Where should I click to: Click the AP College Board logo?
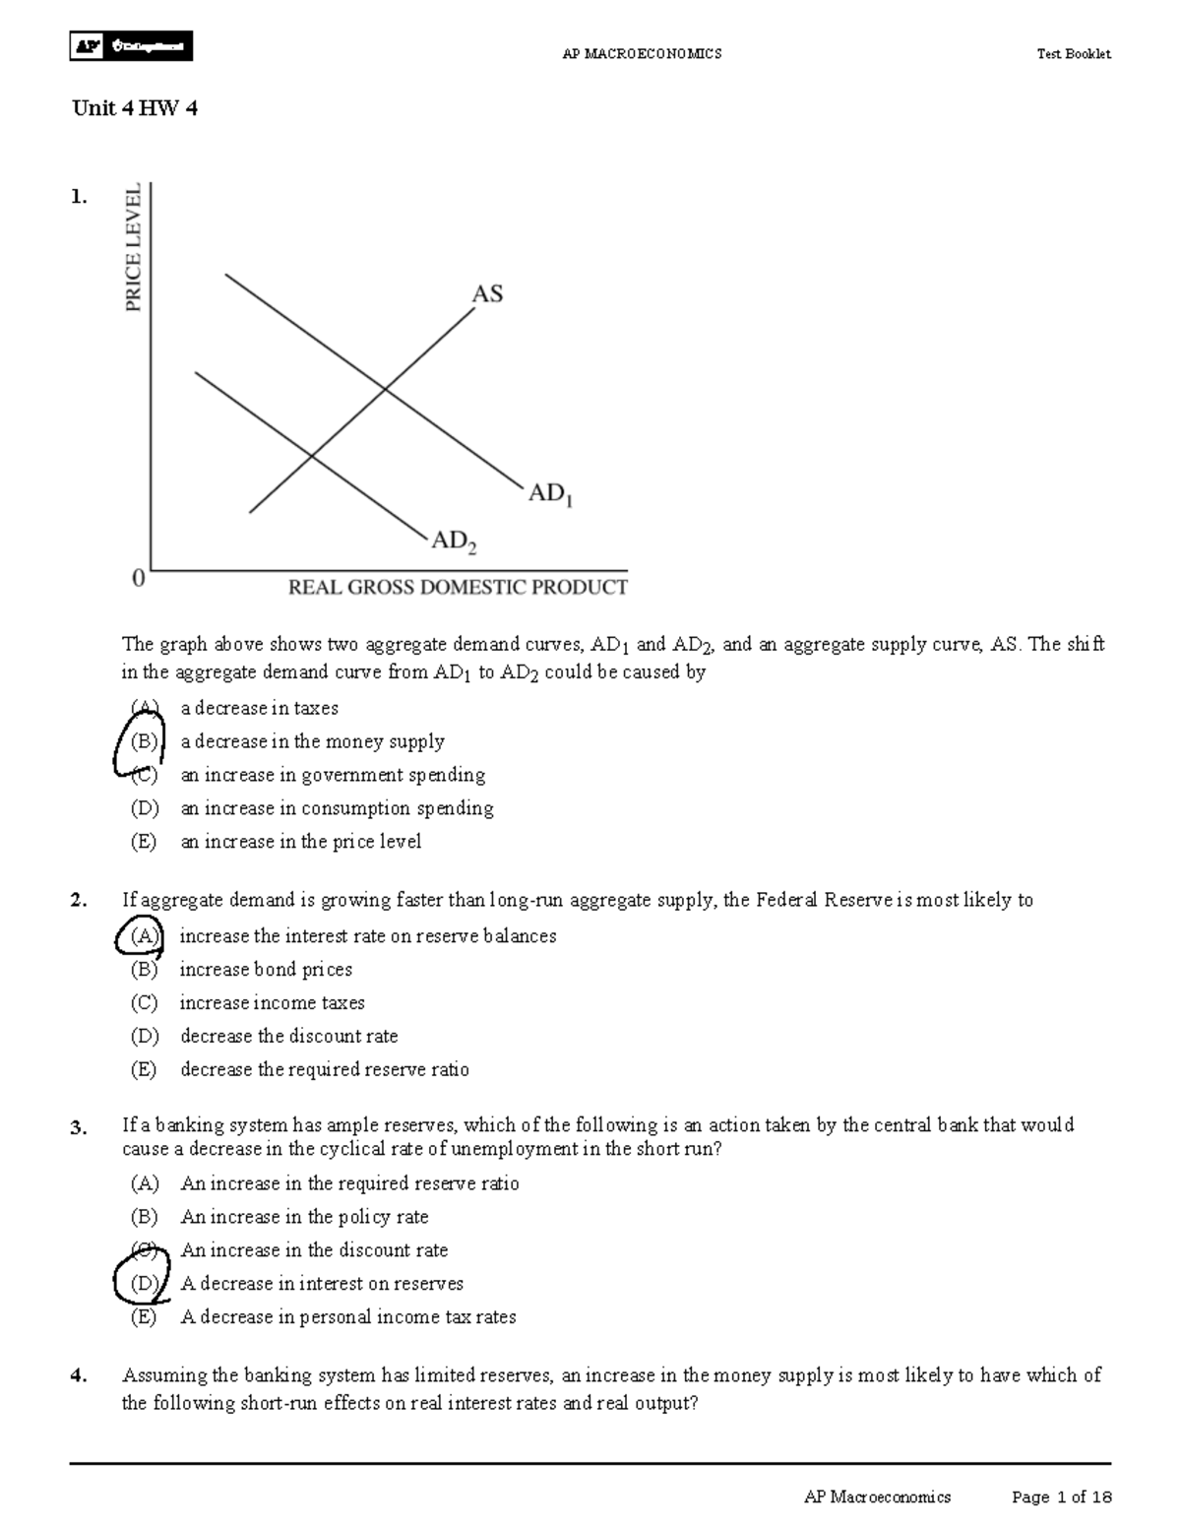point(131,46)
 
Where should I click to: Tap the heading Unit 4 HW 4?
point(135,108)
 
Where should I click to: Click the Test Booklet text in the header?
point(1073,54)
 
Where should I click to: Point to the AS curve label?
point(487,293)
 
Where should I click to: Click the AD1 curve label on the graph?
point(550,494)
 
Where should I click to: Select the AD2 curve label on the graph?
point(455,542)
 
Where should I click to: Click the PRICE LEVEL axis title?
point(133,247)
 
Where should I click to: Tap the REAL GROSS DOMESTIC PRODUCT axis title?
point(457,588)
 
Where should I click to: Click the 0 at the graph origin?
point(139,579)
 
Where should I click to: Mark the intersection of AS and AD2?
point(312,455)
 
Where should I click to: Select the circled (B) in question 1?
point(143,741)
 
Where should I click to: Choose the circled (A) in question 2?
point(144,935)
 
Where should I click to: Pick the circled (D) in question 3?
point(144,1283)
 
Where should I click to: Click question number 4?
point(79,1376)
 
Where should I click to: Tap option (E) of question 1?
point(144,842)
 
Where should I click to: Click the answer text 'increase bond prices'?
point(266,970)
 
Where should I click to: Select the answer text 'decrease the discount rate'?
point(289,1036)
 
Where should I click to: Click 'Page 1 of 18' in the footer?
point(1061,1497)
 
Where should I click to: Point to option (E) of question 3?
point(144,1317)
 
